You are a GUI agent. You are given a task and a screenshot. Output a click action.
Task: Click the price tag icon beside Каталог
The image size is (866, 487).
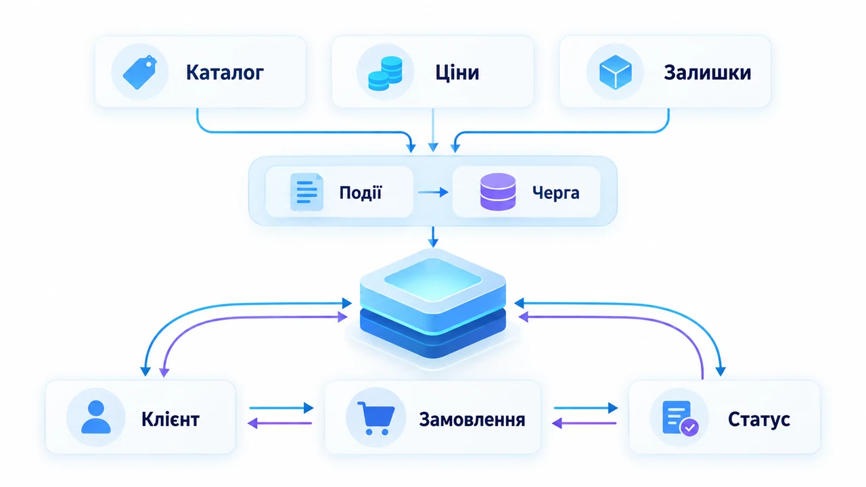pos(140,72)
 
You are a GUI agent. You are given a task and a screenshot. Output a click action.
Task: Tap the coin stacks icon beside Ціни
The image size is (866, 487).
pos(385,73)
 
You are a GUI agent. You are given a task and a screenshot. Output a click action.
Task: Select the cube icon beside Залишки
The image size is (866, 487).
pos(616,72)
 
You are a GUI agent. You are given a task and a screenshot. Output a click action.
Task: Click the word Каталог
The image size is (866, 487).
pos(225,72)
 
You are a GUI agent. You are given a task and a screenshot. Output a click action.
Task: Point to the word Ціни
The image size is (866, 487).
pos(457,72)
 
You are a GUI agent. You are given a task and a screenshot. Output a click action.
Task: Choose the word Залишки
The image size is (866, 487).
pos(707,72)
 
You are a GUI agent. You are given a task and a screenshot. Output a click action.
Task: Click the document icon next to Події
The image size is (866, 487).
pos(306,192)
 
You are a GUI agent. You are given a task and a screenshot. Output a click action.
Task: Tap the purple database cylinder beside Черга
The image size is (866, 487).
pos(498,191)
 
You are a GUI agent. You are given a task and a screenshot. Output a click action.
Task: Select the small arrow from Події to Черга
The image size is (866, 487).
pos(433,192)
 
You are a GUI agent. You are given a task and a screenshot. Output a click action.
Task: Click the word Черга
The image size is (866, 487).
pos(555,193)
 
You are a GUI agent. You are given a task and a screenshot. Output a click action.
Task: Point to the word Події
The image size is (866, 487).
pos(361,192)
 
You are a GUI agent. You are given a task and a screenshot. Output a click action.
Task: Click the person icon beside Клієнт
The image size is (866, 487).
pos(96,417)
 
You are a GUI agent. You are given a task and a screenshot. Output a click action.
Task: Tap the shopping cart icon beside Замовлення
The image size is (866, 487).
pos(375,418)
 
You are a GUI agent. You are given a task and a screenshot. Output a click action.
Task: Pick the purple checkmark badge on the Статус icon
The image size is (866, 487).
pos(689,427)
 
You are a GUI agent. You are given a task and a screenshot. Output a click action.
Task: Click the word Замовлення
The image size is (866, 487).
pos(472,420)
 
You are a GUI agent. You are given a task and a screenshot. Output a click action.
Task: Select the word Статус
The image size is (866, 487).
pos(759,419)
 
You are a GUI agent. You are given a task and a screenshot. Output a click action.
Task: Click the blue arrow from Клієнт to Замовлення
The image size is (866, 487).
pos(281,408)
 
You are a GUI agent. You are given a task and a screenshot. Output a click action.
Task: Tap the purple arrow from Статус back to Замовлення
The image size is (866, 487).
pos(584,423)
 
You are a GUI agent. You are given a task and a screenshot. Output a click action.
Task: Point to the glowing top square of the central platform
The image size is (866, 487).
pos(433,279)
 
